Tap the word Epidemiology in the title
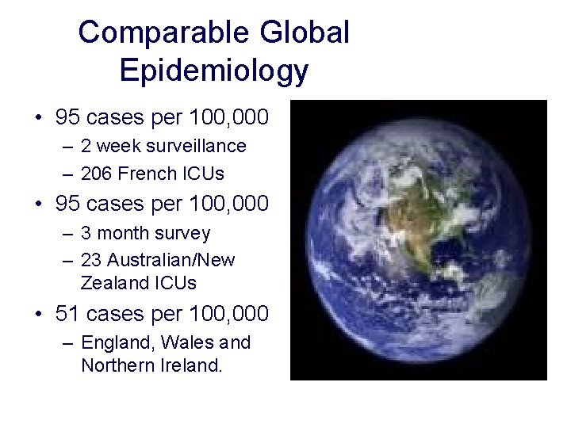[213, 71]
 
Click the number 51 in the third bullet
[68, 313]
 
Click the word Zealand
[111, 282]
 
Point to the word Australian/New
[171, 259]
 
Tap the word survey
[183, 234]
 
